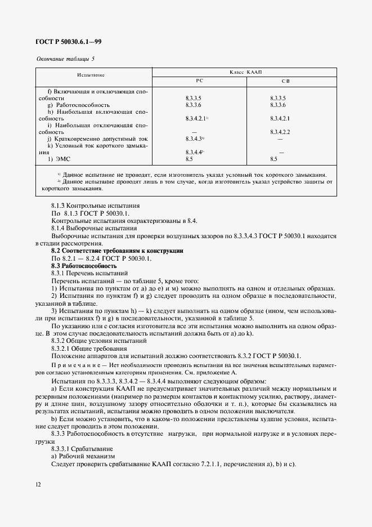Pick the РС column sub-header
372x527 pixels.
199,81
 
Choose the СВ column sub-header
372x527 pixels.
285,81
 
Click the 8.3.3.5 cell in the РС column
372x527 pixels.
193,98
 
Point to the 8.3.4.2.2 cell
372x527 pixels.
280,132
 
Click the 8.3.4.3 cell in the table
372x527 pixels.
194,139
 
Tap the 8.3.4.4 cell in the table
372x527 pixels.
194,152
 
